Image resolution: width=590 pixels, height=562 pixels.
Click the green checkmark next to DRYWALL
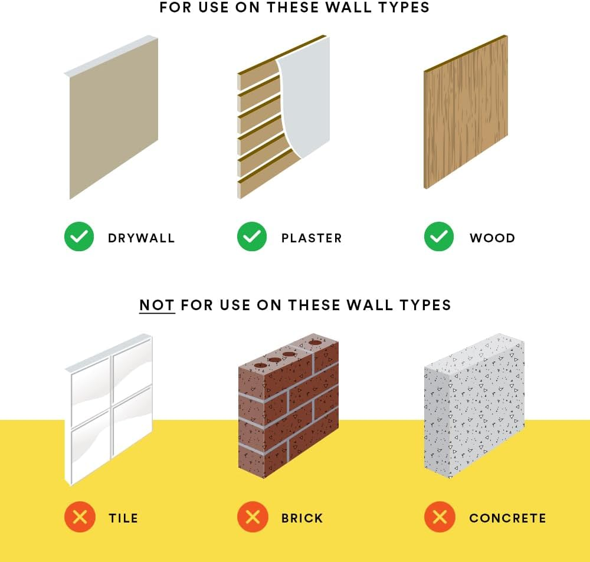tap(79, 236)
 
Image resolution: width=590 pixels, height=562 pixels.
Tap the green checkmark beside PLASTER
tap(252, 236)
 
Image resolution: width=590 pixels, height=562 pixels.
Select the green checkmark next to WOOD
tap(439, 236)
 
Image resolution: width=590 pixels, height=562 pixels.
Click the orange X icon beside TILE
tap(80, 517)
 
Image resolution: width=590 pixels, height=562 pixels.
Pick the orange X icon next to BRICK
tap(253, 517)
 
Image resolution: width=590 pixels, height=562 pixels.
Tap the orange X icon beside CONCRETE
tap(440, 517)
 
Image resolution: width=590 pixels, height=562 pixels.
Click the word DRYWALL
tap(142, 238)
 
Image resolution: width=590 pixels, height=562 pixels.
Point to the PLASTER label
tap(312, 238)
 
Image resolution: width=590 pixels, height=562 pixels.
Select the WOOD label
tap(492, 238)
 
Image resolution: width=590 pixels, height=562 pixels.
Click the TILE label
tap(123, 518)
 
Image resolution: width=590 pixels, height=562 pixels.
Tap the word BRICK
tap(302, 518)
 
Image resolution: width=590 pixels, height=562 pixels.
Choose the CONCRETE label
tap(507, 518)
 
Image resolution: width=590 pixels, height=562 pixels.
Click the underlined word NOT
tap(157, 305)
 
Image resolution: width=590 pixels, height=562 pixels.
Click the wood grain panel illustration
tap(466, 112)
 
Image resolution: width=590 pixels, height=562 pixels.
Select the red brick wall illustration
tap(289, 406)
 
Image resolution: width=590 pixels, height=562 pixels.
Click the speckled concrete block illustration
tap(474, 406)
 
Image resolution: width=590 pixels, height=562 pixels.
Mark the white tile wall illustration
tap(109, 409)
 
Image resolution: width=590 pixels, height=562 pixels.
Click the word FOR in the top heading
tap(175, 8)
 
